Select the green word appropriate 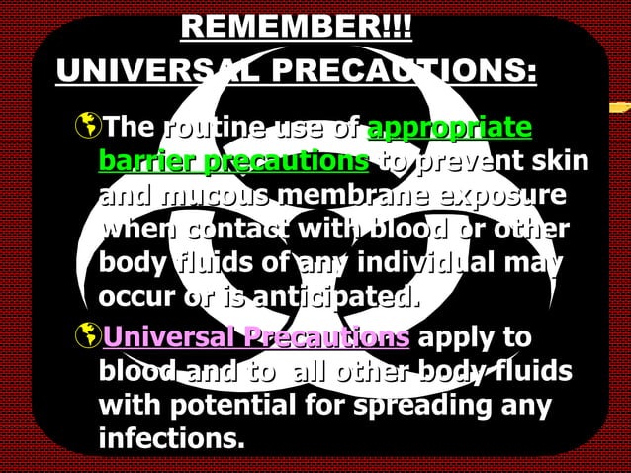point(449,128)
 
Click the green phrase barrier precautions point(233,160)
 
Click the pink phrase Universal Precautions point(255,336)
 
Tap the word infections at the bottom point(170,436)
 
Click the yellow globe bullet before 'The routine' point(87,129)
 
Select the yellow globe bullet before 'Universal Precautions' point(87,336)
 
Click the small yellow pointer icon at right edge point(619,106)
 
